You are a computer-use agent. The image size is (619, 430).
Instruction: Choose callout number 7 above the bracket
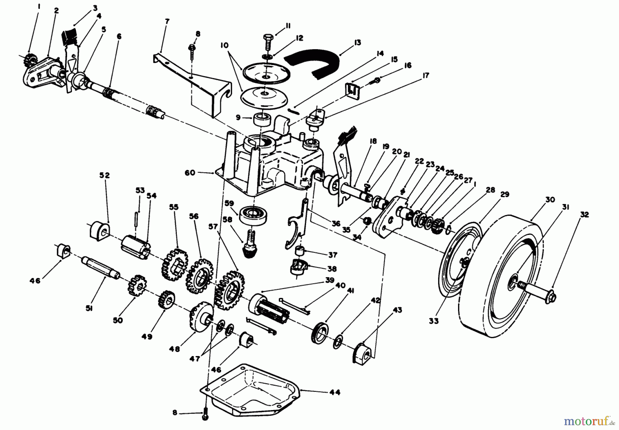(167, 22)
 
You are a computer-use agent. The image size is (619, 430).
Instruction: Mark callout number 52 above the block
(105, 175)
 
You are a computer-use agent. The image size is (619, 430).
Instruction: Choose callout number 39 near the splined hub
(329, 280)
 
